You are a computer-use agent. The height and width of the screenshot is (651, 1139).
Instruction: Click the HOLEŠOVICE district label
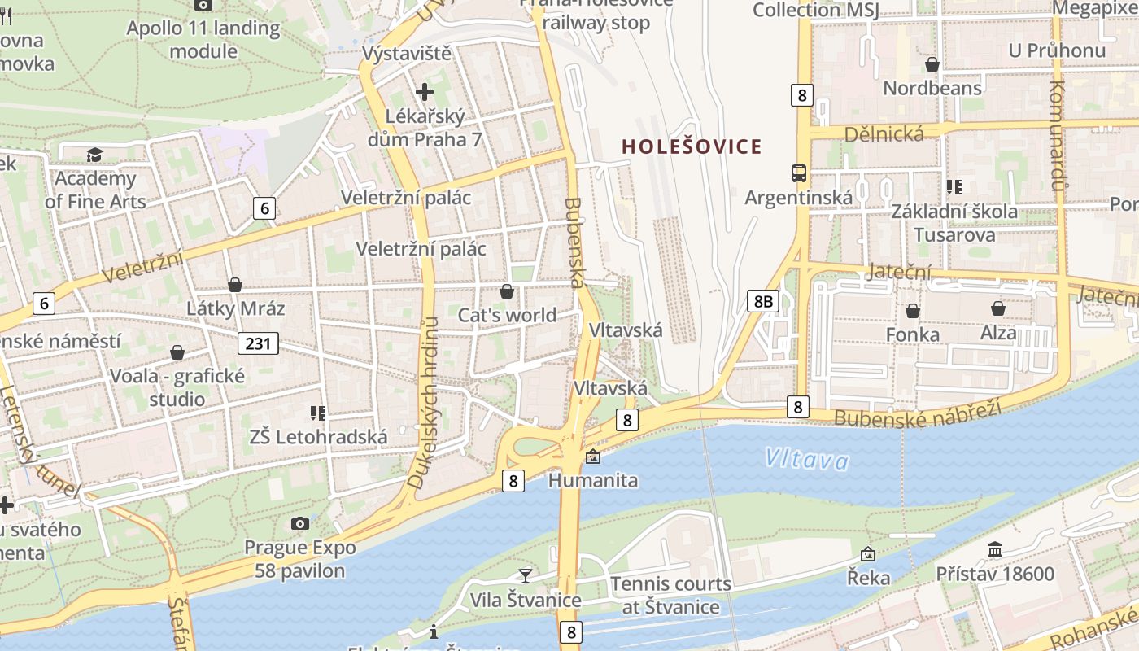(692, 147)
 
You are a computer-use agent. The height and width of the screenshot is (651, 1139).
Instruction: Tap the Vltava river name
(806, 461)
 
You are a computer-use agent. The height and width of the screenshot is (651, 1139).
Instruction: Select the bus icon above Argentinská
(799, 173)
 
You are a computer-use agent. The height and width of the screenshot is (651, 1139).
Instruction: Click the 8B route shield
(763, 301)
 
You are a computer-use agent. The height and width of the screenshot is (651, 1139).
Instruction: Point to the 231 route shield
(258, 343)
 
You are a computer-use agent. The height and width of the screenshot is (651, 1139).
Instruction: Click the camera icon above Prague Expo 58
(300, 523)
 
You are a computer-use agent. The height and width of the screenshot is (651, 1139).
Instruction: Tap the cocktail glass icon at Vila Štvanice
(526, 575)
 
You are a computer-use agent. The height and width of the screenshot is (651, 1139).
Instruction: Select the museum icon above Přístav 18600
(994, 550)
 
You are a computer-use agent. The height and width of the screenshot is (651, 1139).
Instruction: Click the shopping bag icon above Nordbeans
(932, 63)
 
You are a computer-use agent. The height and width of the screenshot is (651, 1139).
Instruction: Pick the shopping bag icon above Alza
(997, 308)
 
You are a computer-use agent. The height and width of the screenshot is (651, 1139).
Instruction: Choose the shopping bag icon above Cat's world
(507, 291)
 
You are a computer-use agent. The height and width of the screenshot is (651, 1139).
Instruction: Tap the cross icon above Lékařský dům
(424, 91)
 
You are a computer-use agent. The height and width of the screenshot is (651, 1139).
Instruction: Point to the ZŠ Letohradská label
(319, 437)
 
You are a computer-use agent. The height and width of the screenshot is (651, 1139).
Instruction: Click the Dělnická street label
(884, 134)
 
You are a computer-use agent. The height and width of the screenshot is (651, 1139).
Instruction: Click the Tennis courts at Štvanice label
(670, 595)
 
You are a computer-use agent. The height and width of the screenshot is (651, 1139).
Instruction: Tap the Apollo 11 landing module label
(203, 40)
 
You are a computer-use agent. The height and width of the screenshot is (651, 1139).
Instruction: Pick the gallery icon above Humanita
(592, 457)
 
